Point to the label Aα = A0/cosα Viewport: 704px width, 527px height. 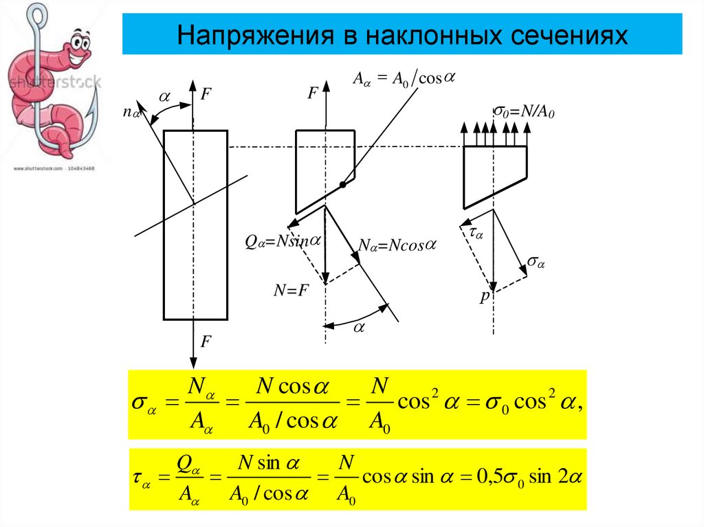(404, 78)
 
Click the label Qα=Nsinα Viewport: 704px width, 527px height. (283, 241)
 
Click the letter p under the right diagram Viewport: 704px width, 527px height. (483, 298)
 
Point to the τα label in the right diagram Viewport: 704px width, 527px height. (477, 234)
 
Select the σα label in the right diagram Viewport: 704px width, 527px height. (536, 262)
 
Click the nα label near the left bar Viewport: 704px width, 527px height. (131, 111)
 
